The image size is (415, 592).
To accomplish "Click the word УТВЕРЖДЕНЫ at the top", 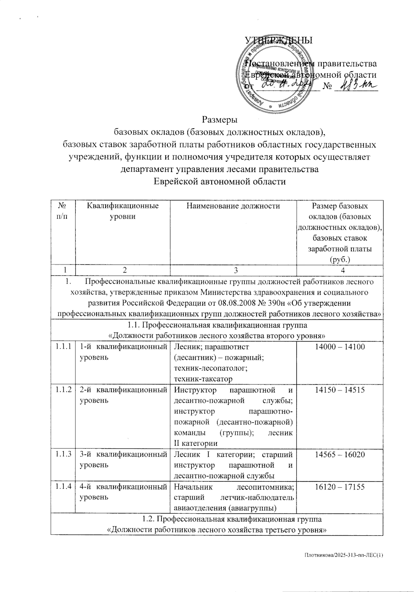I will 278,40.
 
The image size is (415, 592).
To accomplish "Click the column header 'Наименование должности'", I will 233,207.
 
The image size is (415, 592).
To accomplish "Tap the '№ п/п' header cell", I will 63,211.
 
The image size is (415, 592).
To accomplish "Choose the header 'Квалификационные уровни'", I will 123,211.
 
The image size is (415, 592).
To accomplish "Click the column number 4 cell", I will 340,271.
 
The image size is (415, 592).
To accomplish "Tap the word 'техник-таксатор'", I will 203,379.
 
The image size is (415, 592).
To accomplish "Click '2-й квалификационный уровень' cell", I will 123,395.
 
